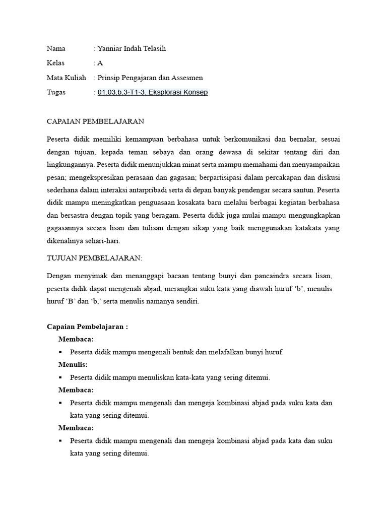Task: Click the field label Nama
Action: tap(56, 48)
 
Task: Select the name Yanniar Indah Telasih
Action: tap(131, 48)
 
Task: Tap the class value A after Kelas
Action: tap(100, 63)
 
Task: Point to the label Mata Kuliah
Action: tap(67, 78)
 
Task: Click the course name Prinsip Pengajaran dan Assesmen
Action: tap(150, 78)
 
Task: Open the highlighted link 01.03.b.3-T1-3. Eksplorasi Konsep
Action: tap(153, 92)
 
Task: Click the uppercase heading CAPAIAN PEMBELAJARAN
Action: tap(95, 121)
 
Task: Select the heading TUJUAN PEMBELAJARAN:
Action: tap(94, 258)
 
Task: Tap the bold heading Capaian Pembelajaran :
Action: tap(87, 327)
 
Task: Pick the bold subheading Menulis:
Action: tap(73, 364)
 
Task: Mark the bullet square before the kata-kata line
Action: tap(60, 377)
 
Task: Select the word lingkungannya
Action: tap(70, 164)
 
